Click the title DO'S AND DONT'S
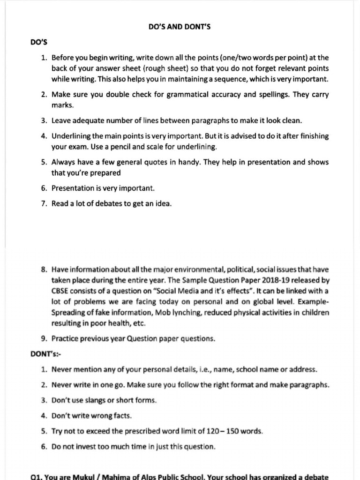180,27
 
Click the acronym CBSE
60,290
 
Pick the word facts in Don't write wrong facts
121,415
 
